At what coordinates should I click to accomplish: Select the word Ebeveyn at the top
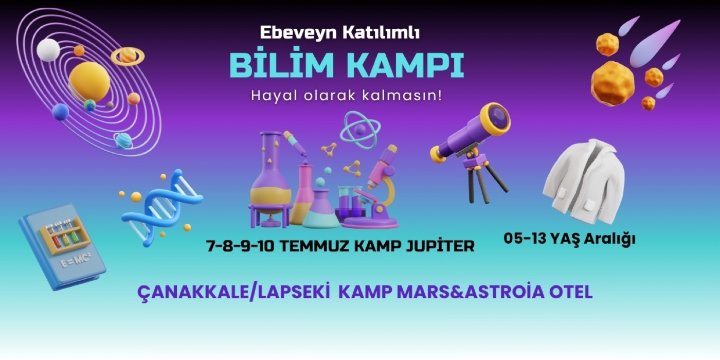[x=298, y=33]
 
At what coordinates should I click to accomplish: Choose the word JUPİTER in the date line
[x=440, y=246]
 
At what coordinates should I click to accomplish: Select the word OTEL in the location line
[x=571, y=292]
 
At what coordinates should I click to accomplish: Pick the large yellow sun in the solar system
[x=89, y=81]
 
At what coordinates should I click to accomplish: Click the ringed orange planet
[x=128, y=56]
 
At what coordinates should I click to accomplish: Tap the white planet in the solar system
[x=48, y=50]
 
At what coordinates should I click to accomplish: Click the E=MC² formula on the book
[x=76, y=260]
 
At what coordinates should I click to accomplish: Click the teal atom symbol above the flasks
[x=360, y=131]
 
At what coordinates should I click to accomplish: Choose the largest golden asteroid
[x=613, y=83]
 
